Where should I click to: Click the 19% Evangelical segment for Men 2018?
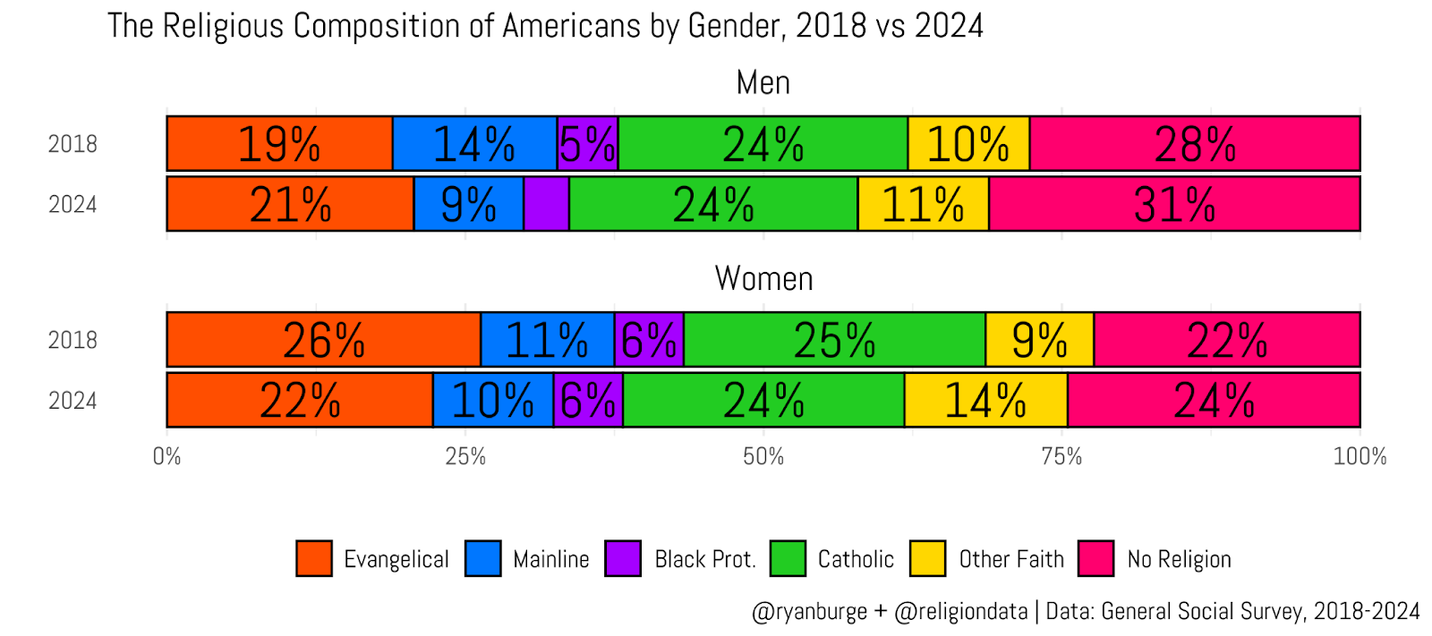[279, 143]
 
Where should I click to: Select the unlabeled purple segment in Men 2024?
[546, 204]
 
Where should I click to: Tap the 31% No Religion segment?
[1174, 204]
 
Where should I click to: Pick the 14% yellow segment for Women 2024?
[985, 400]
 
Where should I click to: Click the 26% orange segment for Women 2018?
[323, 340]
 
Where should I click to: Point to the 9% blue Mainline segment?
[468, 204]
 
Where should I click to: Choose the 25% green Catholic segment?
[834, 340]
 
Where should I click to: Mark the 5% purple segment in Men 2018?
[587, 143]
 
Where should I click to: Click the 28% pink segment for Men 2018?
[1195, 143]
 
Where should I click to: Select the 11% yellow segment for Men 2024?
[923, 204]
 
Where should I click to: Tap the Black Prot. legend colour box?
[623, 558]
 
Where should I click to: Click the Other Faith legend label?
[1011, 559]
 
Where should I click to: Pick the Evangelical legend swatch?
[314, 558]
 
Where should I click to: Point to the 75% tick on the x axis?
[1061, 456]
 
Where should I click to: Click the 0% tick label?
[166, 456]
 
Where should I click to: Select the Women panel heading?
[763, 279]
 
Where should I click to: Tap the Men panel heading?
[763, 82]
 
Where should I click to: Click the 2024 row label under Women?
[72, 401]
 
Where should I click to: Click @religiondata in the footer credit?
[961, 611]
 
